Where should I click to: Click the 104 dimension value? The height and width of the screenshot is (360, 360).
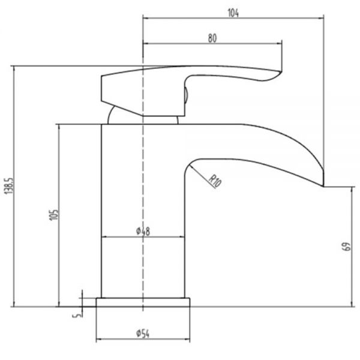pos(233,13)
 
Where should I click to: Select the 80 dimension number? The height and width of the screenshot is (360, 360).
pos(212,38)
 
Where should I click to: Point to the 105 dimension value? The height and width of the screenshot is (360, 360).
pos(54,215)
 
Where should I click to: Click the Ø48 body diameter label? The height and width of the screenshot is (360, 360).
pos(143,231)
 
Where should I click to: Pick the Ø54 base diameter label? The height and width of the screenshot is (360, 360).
pos(143,334)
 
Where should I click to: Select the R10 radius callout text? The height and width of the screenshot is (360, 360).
pos(215,181)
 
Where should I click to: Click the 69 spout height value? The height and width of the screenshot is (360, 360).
pos(347,247)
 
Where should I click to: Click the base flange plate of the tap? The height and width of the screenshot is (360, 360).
pos(143,302)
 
